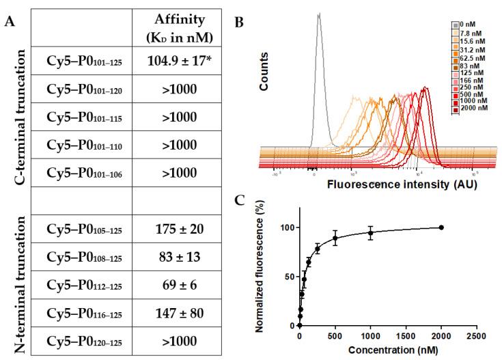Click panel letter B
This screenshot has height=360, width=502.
pos(240,22)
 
